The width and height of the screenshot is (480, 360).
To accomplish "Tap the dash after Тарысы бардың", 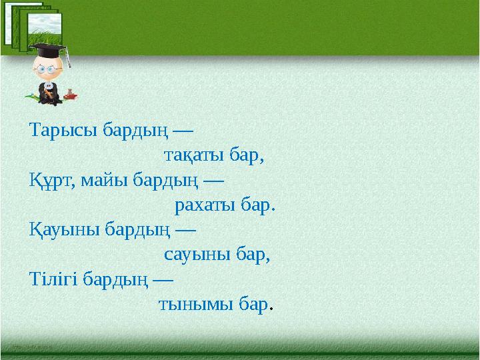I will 183,129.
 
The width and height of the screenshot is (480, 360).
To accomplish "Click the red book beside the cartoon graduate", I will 70,97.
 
